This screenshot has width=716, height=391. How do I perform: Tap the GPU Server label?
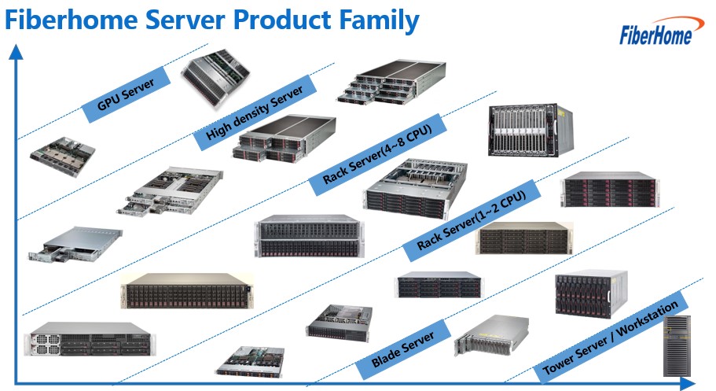coord(126,94)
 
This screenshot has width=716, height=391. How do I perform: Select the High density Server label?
coord(255,113)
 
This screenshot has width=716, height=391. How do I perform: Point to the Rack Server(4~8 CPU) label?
coord(377,154)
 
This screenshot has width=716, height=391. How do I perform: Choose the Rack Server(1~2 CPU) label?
coord(472,220)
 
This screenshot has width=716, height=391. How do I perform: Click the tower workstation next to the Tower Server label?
coord(677,345)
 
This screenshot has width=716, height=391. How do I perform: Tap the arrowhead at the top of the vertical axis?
coord(16,52)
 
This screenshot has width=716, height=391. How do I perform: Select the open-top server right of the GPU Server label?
coord(215,78)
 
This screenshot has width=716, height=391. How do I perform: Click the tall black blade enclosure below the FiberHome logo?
coord(531,131)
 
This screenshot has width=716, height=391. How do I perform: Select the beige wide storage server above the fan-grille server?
coord(187,290)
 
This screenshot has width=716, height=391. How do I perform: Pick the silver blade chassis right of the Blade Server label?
coord(492,335)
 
